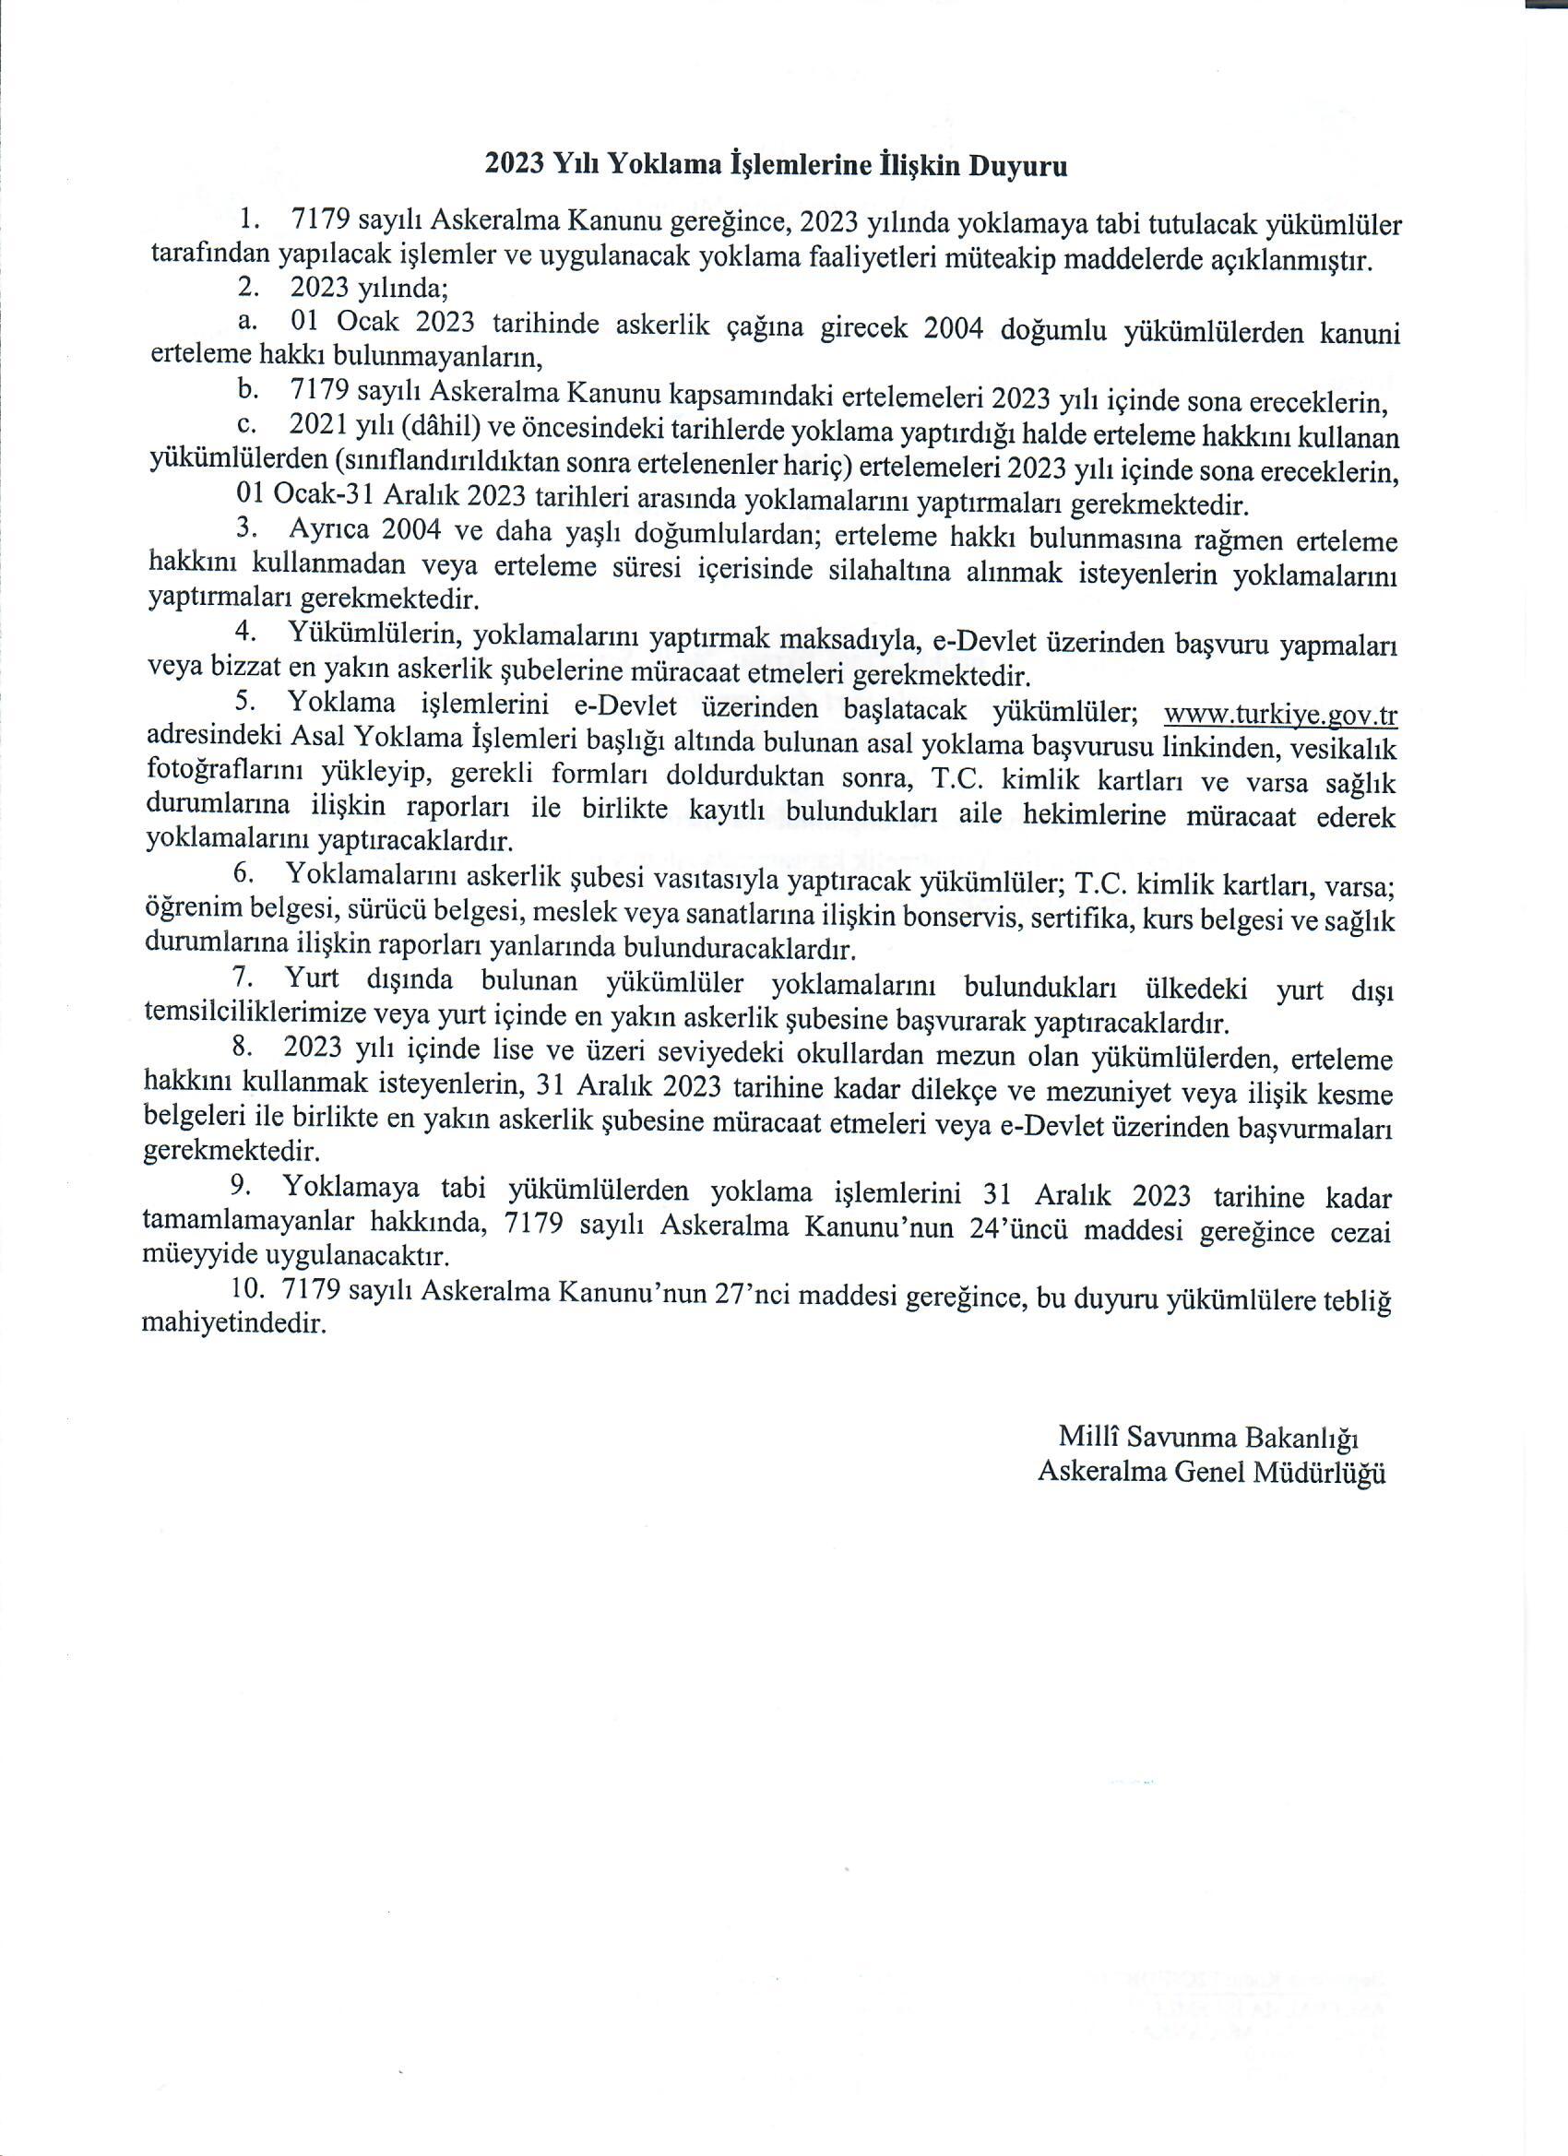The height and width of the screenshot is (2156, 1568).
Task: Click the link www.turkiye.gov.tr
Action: [x=1280, y=713]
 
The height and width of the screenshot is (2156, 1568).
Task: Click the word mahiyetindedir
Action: [x=234, y=1324]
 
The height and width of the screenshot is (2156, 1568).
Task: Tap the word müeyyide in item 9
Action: [x=193, y=1257]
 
